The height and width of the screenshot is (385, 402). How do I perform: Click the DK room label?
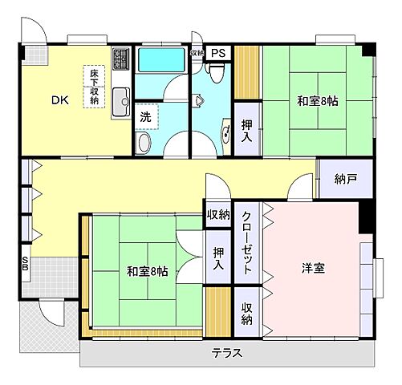pyautogui.click(x=60, y=100)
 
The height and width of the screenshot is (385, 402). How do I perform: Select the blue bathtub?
pyautogui.click(x=161, y=60)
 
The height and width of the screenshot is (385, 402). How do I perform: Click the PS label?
pyautogui.click(x=220, y=53)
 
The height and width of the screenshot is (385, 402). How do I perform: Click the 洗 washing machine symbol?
pyautogui.click(x=145, y=115)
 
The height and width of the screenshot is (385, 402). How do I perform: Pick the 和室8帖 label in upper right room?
pyautogui.click(x=317, y=102)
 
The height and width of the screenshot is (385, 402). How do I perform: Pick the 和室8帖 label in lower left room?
pyautogui.click(x=147, y=271)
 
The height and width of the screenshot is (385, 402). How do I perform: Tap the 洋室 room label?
pyautogui.click(x=313, y=268)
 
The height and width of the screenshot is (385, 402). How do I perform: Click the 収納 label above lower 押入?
pyautogui.click(x=218, y=214)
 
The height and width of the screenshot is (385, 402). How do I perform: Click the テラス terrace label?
pyautogui.click(x=228, y=354)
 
